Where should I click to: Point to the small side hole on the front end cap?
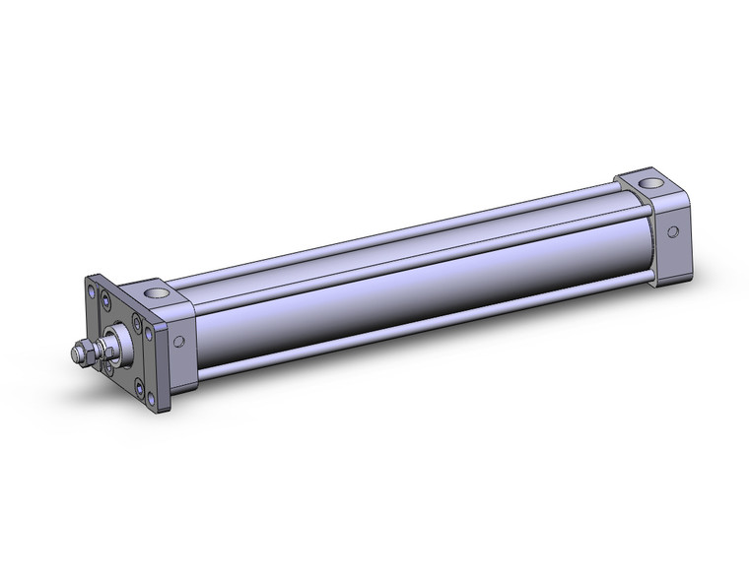pyautogui.click(x=179, y=343)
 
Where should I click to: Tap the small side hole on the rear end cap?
pyautogui.click(x=673, y=233)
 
